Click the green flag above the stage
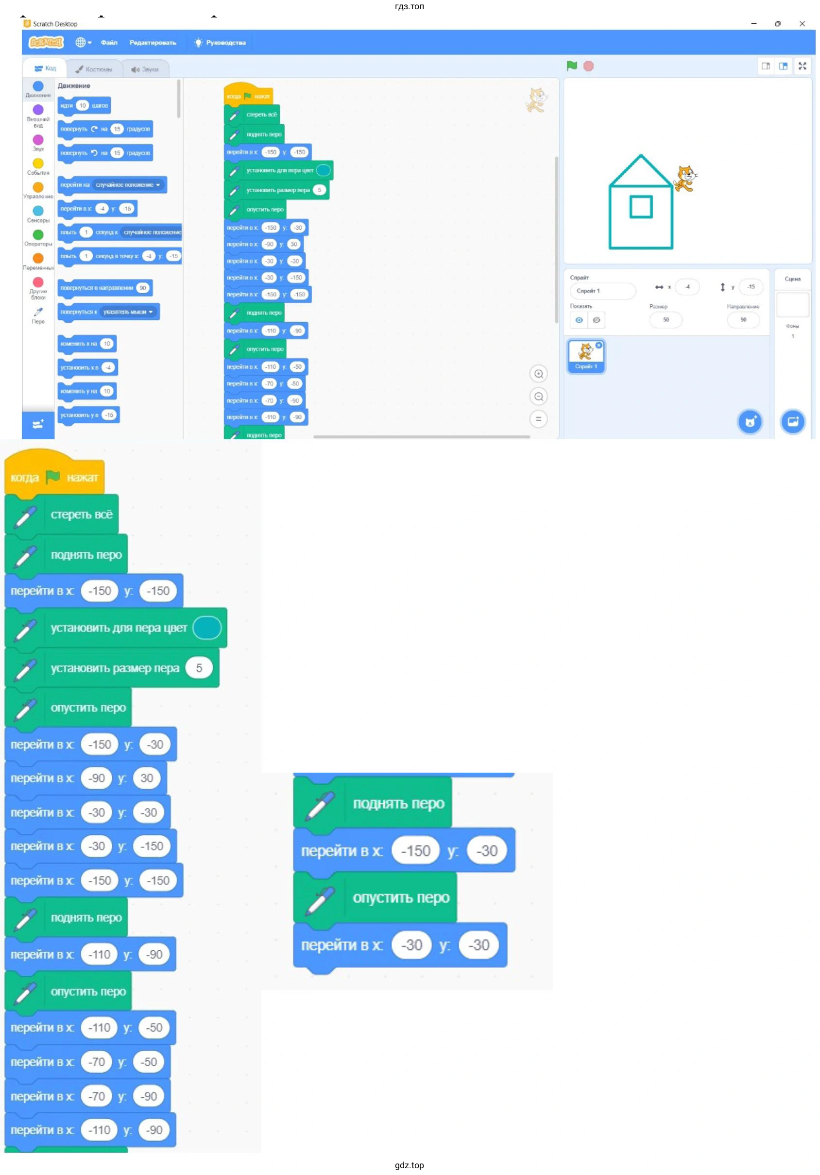[x=572, y=66]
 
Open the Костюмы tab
[x=94, y=69]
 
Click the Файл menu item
[x=109, y=43]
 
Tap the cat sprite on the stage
[x=685, y=178]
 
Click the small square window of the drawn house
[x=641, y=207]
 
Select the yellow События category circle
[x=38, y=164]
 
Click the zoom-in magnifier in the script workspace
[x=538, y=374]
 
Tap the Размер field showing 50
[x=666, y=320]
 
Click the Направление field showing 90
[x=743, y=320]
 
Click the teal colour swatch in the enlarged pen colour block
[x=206, y=628]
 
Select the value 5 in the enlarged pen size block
[x=199, y=668]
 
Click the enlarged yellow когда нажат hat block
[x=54, y=477]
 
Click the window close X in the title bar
[x=802, y=24]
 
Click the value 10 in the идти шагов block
[x=83, y=105]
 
